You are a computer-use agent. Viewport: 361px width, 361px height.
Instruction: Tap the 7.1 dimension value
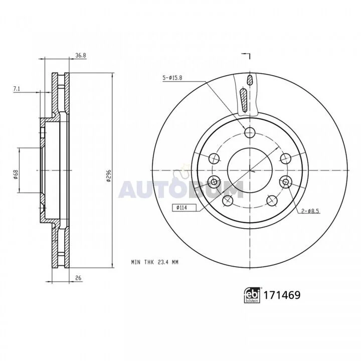click(17, 89)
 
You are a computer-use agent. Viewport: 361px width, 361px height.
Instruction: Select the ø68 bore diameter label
click(16, 175)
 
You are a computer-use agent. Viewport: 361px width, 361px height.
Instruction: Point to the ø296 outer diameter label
click(109, 176)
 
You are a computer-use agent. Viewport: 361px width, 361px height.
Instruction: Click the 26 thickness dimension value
click(78, 278)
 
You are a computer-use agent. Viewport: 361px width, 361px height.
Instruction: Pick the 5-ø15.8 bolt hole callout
click(172, 78)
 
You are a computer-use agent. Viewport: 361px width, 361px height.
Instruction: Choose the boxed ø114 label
click(184, 208)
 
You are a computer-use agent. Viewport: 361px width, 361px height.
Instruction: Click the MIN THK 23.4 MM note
click(155, 262)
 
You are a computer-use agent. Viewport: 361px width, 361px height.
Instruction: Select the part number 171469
click(282, 295)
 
